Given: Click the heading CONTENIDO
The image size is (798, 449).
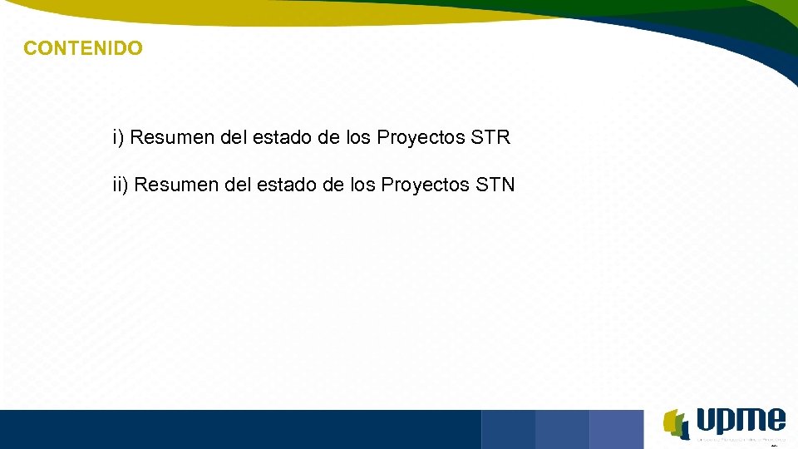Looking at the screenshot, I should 83,48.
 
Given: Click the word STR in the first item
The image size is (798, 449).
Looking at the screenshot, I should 490,137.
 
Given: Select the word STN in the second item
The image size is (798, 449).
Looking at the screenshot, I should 495,185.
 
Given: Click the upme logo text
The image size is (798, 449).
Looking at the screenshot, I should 741,421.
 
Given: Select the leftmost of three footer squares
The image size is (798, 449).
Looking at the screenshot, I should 508,429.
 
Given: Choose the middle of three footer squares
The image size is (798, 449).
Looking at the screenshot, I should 562,429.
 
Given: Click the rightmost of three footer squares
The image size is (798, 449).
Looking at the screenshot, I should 616,429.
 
